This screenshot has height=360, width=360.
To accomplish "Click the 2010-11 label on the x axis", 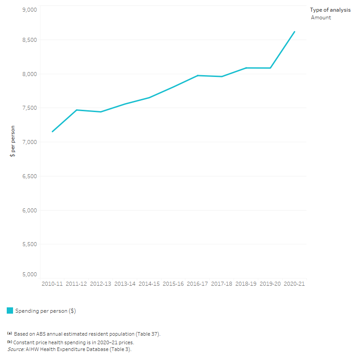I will tap(52, 284).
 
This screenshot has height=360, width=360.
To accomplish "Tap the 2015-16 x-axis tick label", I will tap(173, 284).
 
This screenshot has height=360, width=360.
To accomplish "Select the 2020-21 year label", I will tap(294, 284).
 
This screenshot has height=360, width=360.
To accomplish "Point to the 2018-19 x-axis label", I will tap(246, 284).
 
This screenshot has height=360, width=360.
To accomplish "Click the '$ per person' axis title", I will tap(13, 141).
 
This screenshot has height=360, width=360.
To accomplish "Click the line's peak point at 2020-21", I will tap(294, 31).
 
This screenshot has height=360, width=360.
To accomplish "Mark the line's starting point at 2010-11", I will tap(52, 131).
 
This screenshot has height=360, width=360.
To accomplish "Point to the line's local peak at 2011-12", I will tap(76, 110).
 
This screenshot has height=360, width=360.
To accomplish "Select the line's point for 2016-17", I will tap(198, 76).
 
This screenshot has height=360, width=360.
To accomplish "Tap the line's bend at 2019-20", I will tap(270, 68).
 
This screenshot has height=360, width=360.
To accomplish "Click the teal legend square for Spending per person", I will tap(10, 310).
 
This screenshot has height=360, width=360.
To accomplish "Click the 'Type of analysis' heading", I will tap(330, 10).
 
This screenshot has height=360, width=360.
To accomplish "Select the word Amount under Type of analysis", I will tap(321, 18).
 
